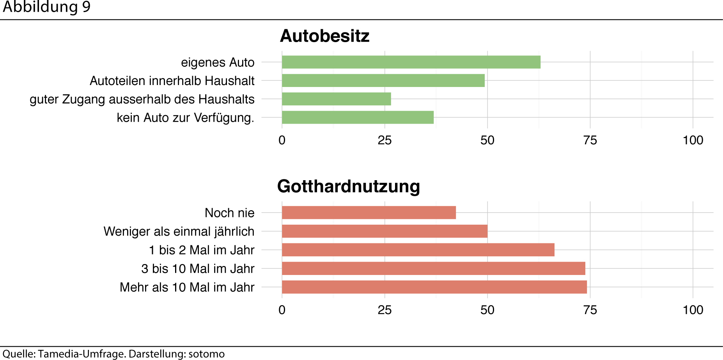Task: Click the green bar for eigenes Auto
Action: (411, 62)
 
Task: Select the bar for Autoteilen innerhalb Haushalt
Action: (383, 80)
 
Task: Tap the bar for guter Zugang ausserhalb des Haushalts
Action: (336, 99)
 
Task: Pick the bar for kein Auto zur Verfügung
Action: (358, 117)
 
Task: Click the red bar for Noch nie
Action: (369, 213)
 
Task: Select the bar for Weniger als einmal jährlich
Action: (385, 231)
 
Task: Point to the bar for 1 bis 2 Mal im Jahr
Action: (418, 250)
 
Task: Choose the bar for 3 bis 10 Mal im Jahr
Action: (433, 268)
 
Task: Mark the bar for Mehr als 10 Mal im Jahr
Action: (434, 287)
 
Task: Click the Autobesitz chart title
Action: (324, 36)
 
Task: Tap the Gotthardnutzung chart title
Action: (348, 186)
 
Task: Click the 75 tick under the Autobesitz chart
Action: (590, 140)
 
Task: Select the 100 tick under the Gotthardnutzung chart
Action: (693, 310)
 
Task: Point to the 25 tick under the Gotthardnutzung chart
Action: (385, 310)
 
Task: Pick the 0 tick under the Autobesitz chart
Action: (282, 140)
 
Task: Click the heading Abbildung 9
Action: (46, 7)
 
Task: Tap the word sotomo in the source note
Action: (206, 354)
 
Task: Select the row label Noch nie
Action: (229, 213)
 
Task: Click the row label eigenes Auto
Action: (218, 62)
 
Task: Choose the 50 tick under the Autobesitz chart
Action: (487, 140)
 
